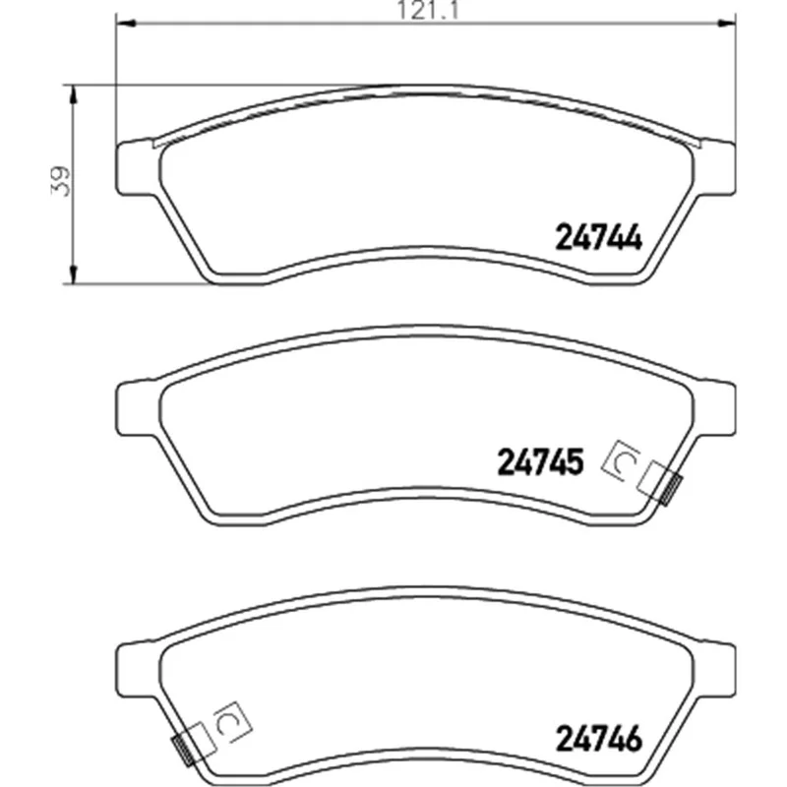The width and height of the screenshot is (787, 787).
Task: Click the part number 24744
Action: [x=598, y=237]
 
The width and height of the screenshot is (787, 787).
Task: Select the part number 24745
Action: [x=540, y=461]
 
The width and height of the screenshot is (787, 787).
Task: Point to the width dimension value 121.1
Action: [x=428, y=11]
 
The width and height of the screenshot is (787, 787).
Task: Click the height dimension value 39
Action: [x=61, y=181]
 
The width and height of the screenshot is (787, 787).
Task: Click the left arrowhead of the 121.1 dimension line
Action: [x=126, y=23]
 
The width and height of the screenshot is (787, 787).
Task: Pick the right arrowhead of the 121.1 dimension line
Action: [x=726, y=23]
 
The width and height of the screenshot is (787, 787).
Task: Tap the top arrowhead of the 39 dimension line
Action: [x=73, y=94]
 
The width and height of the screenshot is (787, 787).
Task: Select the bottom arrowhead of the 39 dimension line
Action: [x=73, y=274]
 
